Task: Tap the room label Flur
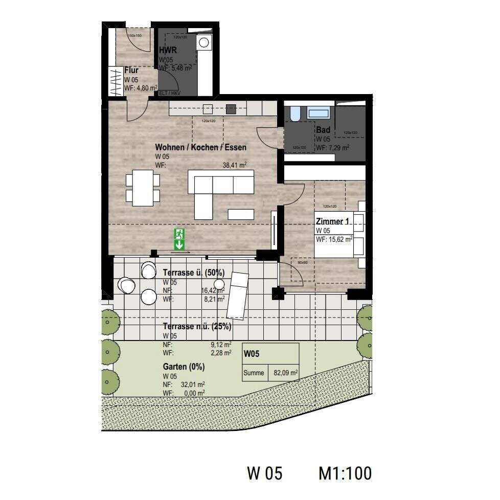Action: click(131, 71)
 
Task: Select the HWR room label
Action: click(168, 50)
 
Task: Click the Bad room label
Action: click(323, 130)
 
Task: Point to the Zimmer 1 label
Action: click(333, 222)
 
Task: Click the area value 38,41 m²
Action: click(235, 165)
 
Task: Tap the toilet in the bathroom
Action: click(296, 114)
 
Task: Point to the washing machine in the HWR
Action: click(206, 42)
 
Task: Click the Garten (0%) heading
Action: click(184, 367)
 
